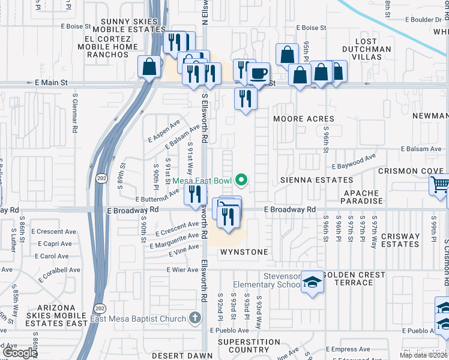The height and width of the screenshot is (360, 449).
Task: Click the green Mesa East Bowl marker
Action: (x=242, y=179)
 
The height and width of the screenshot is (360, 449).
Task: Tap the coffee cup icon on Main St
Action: (x=259, y=74)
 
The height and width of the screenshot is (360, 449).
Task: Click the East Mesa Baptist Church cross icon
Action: (x=194, y=318)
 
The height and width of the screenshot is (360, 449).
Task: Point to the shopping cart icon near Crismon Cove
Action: (x=440, y=185)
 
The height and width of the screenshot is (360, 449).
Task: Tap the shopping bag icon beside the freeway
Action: (x=148, y=67)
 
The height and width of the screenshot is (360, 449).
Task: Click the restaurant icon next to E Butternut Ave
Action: (x=194, y=194)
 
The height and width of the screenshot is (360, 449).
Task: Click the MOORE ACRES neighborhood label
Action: (x=303, y=119)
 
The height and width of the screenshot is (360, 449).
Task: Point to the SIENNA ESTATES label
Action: (x=315, y=180)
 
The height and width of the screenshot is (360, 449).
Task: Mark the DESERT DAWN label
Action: (x=175, y=355)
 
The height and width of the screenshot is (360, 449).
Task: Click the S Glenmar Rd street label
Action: (x=75, y=112)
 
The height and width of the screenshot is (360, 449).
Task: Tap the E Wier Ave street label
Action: (x=182, y=270)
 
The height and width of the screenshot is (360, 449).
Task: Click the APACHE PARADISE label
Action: (x=362, y=197)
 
